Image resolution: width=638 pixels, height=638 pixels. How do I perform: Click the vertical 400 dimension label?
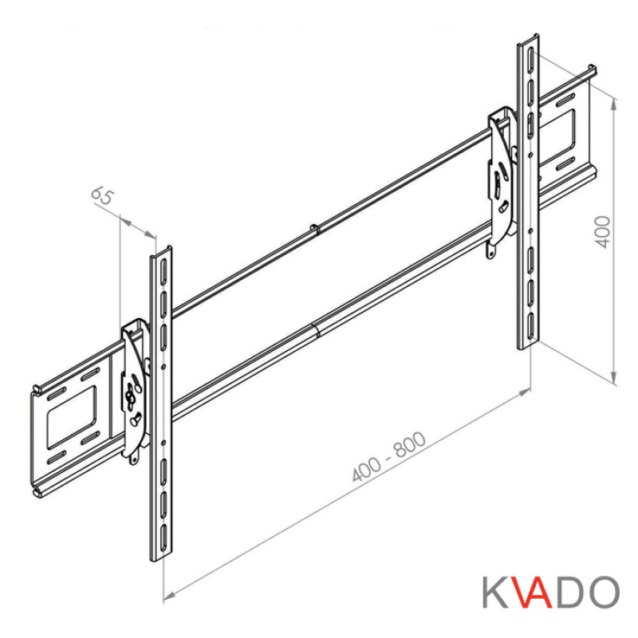(x=603, y=231)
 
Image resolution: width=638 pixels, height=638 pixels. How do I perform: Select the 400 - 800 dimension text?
(x=389, y=459)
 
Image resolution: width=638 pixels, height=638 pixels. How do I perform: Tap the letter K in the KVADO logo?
(x=495, y=593)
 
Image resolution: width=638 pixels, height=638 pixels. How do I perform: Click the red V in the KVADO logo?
(x=528, y=593)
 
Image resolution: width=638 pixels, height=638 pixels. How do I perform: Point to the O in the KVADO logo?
(x=603, y=593)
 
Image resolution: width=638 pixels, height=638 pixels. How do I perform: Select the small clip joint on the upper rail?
(x=315, y=230)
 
